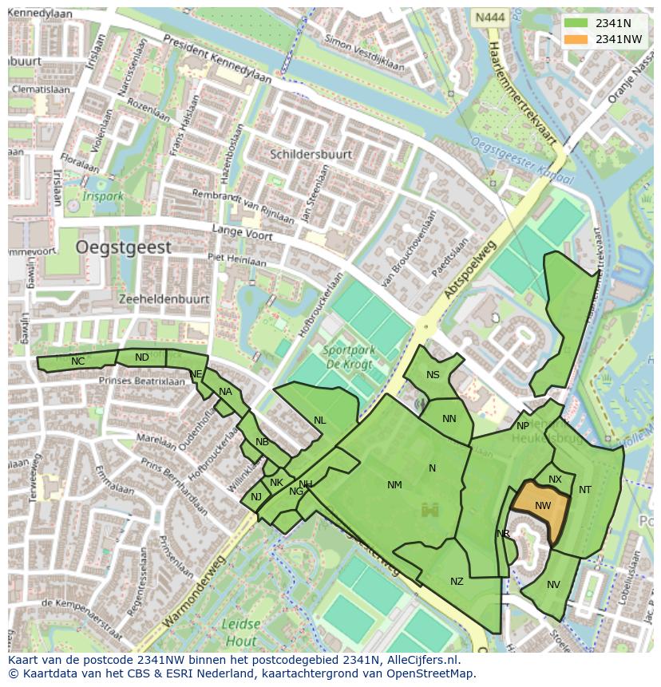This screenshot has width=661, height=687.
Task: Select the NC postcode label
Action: pos(77,361)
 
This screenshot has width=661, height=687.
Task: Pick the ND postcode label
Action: pos(142,357)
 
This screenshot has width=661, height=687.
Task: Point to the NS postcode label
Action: pos(433,375)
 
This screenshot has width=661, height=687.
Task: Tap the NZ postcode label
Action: pos(457,582)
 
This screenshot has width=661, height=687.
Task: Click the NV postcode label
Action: pos(553,585)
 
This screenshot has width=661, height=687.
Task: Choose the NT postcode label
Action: pos(585,490)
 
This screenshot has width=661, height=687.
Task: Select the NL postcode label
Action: pos(319,420)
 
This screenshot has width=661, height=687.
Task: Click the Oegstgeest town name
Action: pos(124,248)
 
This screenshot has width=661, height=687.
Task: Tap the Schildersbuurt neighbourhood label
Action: pos(311,154)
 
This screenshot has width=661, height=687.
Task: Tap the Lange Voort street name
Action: pos(242,232)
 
